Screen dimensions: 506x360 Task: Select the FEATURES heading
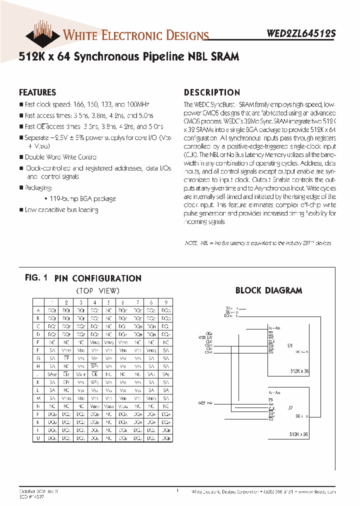(37, 92)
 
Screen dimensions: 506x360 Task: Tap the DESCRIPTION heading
(212, 92)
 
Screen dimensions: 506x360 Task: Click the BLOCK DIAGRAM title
(268, 290)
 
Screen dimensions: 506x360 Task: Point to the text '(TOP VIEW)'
(97, 290)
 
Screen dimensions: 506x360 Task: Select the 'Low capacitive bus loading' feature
(61, 209)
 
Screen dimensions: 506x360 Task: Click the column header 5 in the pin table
(108, 302)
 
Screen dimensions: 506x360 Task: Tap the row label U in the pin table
(38, 437)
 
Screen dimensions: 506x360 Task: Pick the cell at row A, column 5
(108, 310)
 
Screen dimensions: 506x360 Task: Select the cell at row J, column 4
(94, 373)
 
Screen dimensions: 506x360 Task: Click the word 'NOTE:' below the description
(191, 243)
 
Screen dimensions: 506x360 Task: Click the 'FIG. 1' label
(35, 278)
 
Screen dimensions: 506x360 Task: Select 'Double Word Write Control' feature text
(61, 157)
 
